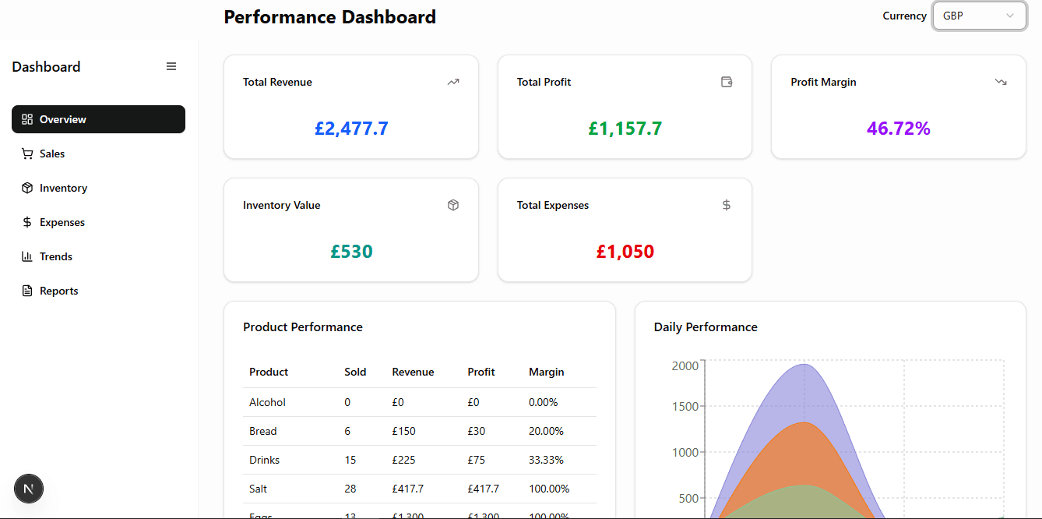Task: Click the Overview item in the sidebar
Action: [x=98, y=119]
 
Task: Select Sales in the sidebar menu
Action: [x=51, y=154]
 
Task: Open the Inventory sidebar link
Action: [x=62, y=188]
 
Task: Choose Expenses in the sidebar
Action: [x=62, y=222]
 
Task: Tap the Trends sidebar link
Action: [x=55, y=256]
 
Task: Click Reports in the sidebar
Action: [x=58, y=291]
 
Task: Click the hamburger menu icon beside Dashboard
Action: [x=171, y=67]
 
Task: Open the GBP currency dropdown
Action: [x=979, y=16]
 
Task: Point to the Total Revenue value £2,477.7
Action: [x=351, y=129]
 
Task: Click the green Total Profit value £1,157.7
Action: [x=625, y=129]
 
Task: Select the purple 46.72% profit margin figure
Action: [x=898, y=129]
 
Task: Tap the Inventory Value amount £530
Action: [x=351, y=252]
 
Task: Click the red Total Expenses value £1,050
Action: [x=625, y=252]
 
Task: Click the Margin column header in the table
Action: [x=546, y=372]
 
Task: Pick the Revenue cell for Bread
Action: [x=403, y=431]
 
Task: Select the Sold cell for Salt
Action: [x=350, y=489]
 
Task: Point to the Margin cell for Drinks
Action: [x=545, y=460]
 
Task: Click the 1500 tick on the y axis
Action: [x=685, y=406]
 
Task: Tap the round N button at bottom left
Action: [x=29, y=489]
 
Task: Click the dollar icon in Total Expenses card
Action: [x=726, y=205]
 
